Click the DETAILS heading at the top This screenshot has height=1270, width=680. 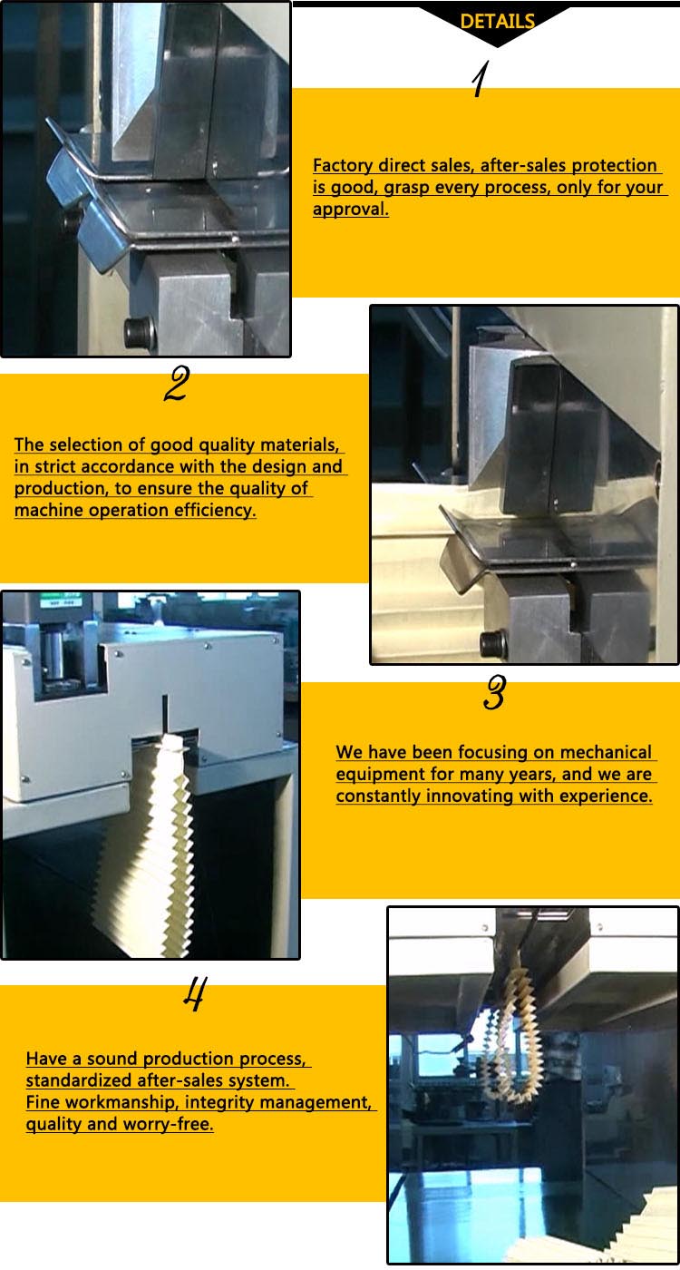[x=497, y=22]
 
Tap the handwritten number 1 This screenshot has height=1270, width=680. [x=480, y=80]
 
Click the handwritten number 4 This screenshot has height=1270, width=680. [x=193, y=995]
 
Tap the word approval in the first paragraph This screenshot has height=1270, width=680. [x=349, y=210]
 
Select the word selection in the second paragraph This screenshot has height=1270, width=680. [x=110, y=445]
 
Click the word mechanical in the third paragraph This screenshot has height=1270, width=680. [x=606, y=753]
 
